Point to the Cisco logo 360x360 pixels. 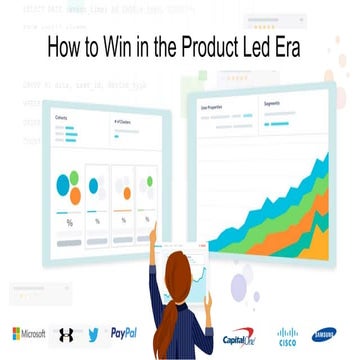tap(289, 335)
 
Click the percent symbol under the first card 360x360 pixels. tap(68, 222)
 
